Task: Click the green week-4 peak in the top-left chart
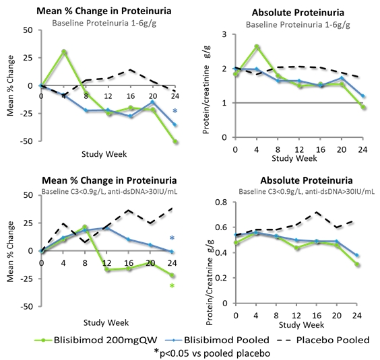pyautogui.click(x=64, y=52)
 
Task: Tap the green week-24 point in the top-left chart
pyautogui.click(x=175, y=141)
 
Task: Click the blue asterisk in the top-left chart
pyautogui.click(x=175, y=111)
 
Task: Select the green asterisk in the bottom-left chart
pyautogui.click(x=172, y=286)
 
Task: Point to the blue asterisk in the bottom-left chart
pyautogui.click(x=172, y=238)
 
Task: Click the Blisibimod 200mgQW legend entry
pyautogui.click(x=96, y=340)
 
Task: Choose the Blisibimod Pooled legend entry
pyautogui.click(x=217, y=340)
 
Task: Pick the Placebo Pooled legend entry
pyautogui.click(x=323, y=340)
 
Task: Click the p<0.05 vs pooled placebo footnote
pyautogui.click(x=212, y=353)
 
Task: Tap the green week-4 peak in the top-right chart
pyautogui.click(x=257, y=46)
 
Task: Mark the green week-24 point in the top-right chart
pyautogui.click(x=362, y=107)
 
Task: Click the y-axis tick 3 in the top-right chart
pyautogui.click(x=224, y=34)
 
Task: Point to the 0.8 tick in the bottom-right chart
pyautogui.click(x=221, y=202)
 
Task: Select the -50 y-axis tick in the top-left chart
pyautogui.click(x=28, y=141)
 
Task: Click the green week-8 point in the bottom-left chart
pyautogui.click(x=85, y=227)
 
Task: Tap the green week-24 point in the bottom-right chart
pyautogui.click(x=356, y=264)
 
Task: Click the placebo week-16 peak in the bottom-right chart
pyautogui.click(x=316, y=212)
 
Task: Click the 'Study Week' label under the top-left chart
pyautogui.click(x=104, y=154)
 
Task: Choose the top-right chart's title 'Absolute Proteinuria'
pyautogui.click(x=298, y=13)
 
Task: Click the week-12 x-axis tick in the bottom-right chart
pyautogui.click(x=296, y=316)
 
